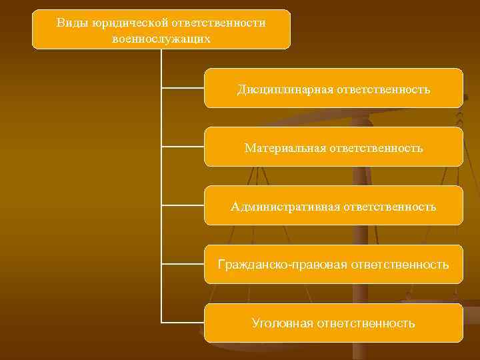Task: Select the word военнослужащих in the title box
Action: [x=161, y=39]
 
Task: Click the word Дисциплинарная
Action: [x=285, y=89]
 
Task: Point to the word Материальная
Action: [x=285, y=147]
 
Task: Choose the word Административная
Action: [x=285, y=207]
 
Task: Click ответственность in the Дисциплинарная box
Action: [x=384, y=89]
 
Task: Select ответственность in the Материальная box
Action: [x=375, y=147]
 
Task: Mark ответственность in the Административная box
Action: [x=390, y=207]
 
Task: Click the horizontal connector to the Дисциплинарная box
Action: [x=183, y=87]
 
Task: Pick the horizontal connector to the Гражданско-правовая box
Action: [x=183, y=263]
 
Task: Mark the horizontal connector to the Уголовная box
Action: [x=183, y=322]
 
